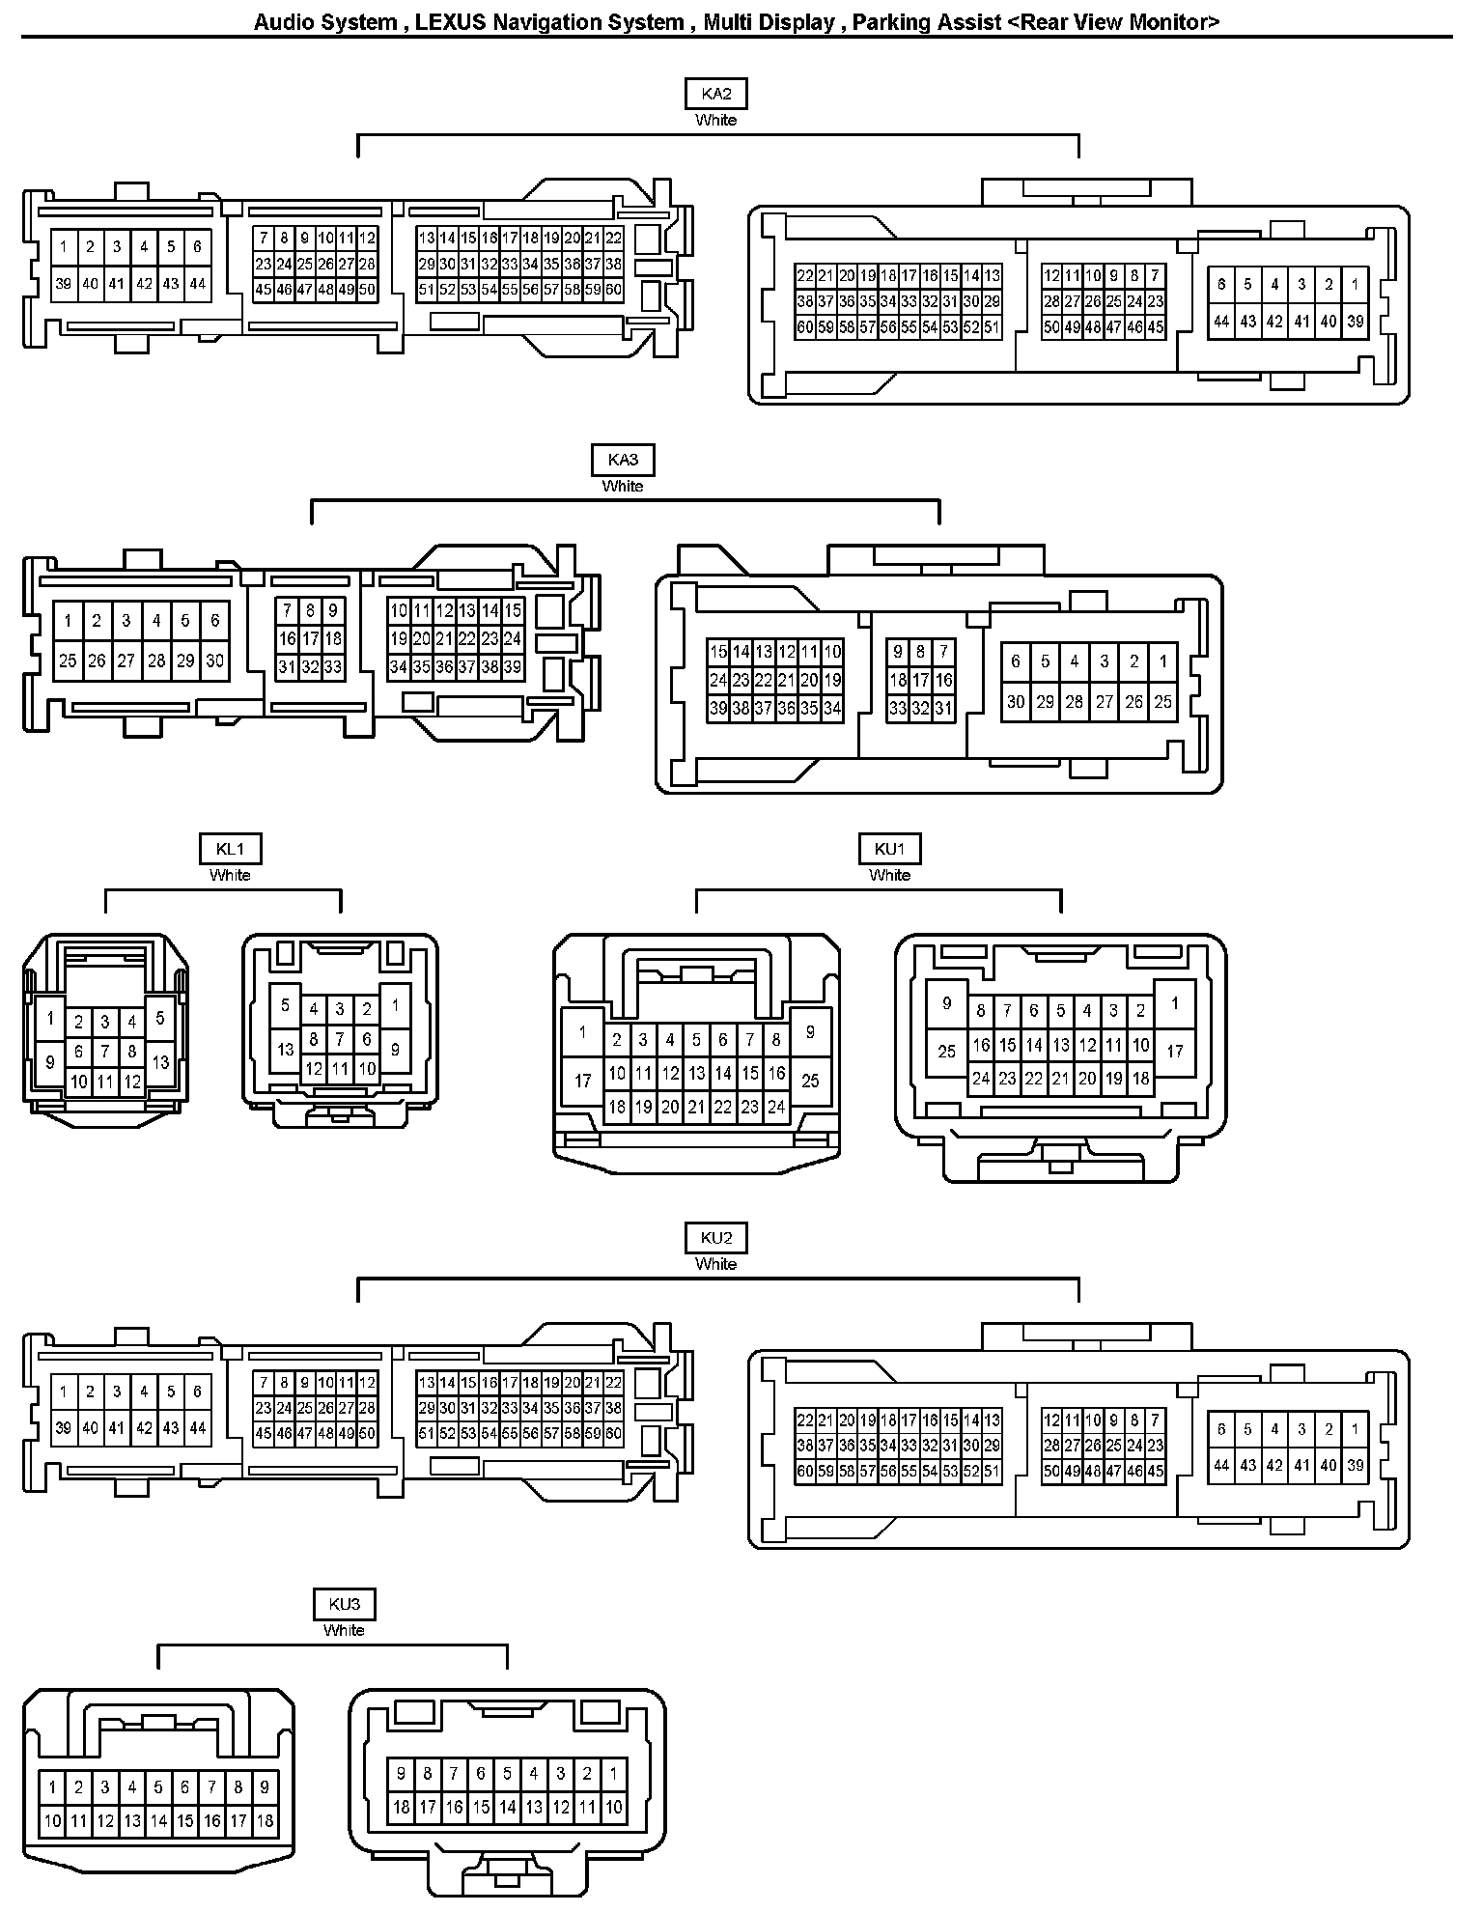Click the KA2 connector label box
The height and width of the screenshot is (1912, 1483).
(x=715, y=94)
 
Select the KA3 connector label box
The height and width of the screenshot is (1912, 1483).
(x=622, y=460)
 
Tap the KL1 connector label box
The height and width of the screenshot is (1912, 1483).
(x=230, y=849)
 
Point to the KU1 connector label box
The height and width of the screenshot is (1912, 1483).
(x=889, y=849)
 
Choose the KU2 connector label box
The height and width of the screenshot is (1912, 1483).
(x=715, y=1238)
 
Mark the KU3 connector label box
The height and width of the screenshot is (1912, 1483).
(x=344, y=1604)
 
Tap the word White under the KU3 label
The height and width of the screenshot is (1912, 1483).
(x=344, y=1630)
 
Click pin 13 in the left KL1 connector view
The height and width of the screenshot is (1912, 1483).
(x=160, y=1062)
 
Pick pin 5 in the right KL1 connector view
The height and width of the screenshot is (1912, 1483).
(x=285, y=1005)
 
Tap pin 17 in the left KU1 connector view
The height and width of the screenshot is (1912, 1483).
(x=582, y=1080)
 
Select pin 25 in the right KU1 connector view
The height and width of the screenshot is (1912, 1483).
(x=946, y=1051)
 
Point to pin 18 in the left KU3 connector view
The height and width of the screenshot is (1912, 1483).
(x=265, y=1821)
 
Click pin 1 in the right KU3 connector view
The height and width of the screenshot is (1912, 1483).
(x=613, y=1774)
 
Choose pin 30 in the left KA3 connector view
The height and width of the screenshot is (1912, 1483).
(x=214, y=661)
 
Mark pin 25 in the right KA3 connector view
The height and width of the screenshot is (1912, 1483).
(x=1162, y=702)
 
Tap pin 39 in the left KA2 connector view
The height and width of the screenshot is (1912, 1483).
(x=63, y=283)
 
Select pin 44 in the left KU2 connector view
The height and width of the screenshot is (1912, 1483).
(x=197, y=1428)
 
